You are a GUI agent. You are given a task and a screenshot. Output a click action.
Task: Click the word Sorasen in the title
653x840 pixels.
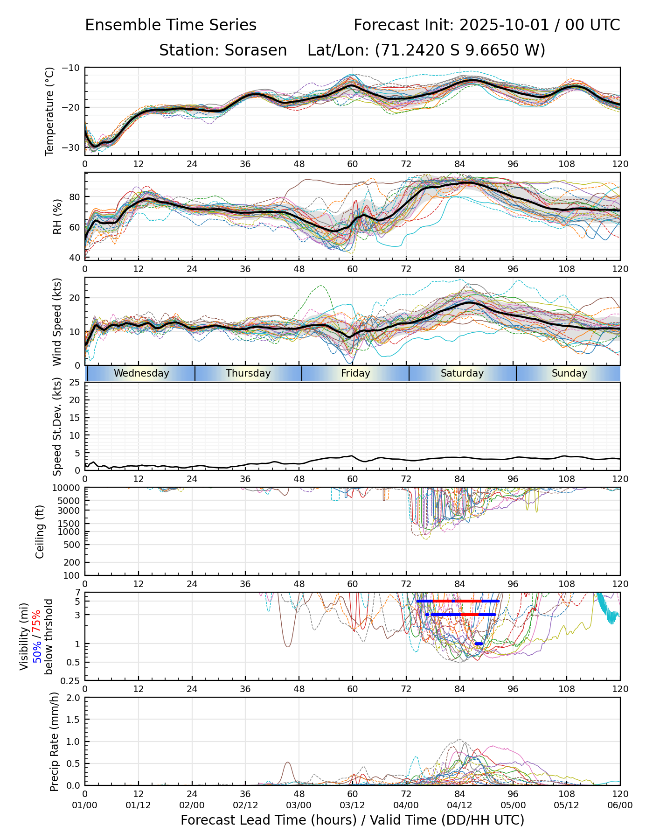tap(256, 50)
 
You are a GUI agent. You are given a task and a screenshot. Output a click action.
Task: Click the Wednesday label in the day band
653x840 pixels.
tap(141, 373)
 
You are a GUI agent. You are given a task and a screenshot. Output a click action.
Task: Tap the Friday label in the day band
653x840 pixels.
tap(355, 373)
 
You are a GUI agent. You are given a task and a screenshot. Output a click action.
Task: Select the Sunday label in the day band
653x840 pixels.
tap(569, 373)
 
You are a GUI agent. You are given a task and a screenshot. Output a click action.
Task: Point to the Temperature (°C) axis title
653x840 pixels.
tap(49, 111)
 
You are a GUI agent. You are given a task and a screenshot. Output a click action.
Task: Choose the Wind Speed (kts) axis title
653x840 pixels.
tap(57, 322)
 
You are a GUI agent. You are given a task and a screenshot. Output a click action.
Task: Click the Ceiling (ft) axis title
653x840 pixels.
tap(40, 532)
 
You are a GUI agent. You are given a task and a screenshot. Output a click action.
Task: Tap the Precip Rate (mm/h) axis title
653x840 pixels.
tap(54, 742)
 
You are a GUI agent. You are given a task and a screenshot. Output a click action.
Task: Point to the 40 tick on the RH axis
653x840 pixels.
tap(75, 258)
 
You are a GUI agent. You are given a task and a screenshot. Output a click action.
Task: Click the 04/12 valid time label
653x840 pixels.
tap(459, 805)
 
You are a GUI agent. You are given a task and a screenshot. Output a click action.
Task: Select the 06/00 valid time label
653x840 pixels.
tap(620, 805)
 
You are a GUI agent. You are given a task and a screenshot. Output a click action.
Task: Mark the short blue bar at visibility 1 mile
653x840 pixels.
tap(479, 644)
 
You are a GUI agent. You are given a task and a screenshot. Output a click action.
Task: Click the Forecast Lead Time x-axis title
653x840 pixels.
tap(352, 820)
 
